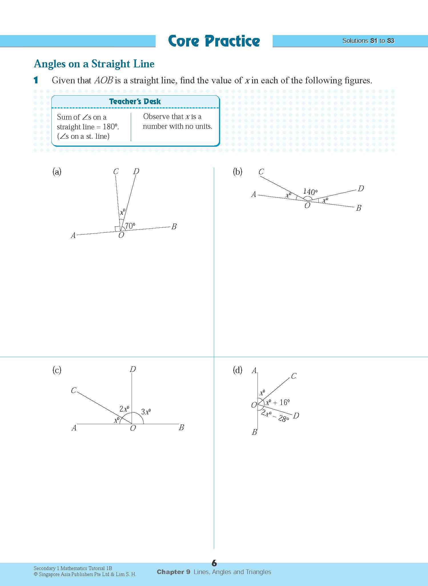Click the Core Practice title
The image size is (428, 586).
tap(214, 41)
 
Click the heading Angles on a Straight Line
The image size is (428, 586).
tap(94, 64)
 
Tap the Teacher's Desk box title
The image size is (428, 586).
tap(135, 102)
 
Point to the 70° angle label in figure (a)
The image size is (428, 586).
tap(130, 226)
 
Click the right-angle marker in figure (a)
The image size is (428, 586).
tap(117, 229)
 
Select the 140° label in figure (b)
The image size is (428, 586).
tap(310, 192)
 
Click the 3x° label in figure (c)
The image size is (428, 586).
tap(146, 412)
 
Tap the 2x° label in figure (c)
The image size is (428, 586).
tap(124, 409)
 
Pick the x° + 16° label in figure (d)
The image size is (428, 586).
tap(278, 402)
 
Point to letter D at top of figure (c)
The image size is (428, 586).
tap(132, 369)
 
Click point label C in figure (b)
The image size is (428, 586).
tap(261, 172)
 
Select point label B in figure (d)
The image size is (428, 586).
tap(254, 432)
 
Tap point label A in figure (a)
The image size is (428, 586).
tap(73, 235)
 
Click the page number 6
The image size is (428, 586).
tap(214, 563)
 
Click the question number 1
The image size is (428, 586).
tap(36, 80)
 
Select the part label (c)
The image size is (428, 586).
tap(57, 370)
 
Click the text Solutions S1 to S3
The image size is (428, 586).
tap(368, 41)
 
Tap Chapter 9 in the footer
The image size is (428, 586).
tap(173, 572)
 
